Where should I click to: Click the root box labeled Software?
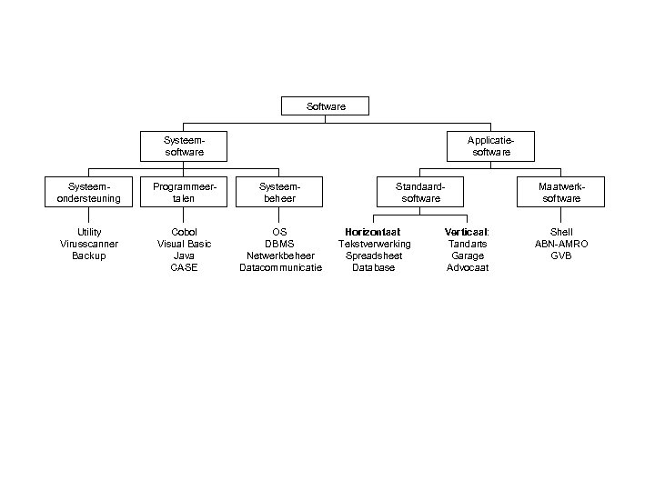327,106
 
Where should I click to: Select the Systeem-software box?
184,146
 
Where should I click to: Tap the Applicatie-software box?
491,146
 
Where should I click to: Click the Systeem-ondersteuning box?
89,192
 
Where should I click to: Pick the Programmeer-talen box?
184,192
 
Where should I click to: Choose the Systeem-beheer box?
279,192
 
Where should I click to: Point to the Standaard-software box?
420,192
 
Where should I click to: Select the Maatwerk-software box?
561,192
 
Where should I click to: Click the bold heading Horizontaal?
373,232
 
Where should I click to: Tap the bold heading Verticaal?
467,232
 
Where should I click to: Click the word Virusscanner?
89,244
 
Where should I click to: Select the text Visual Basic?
184,244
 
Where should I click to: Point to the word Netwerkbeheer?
280,256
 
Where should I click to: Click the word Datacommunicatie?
280,267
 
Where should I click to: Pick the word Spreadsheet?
374,256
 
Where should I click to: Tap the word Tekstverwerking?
374,244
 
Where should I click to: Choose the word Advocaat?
468,267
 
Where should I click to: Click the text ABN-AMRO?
561,244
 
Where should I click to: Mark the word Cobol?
184,232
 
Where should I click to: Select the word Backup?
89,256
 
